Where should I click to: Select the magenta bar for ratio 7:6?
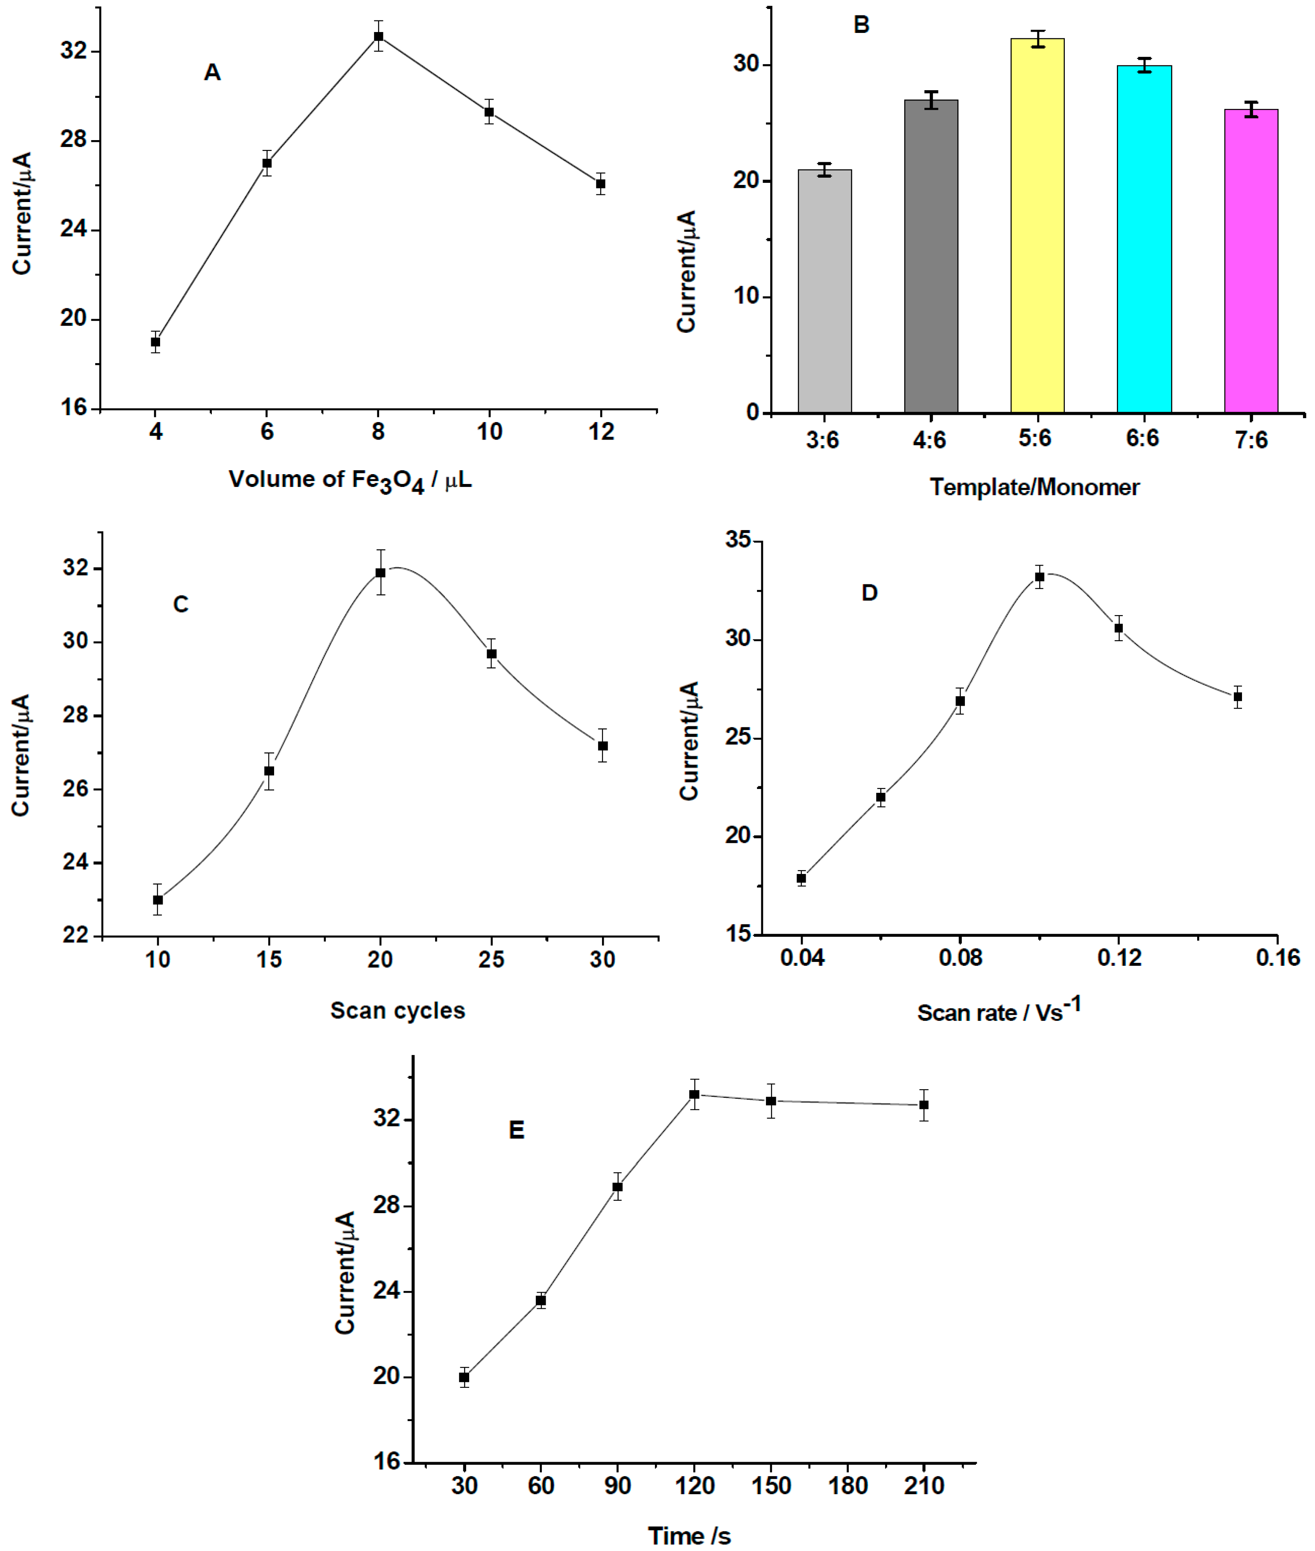click(x=1251, y=261)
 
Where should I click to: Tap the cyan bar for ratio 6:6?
click(x=1143, y=239)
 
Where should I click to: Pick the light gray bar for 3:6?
click(x=824, y=291)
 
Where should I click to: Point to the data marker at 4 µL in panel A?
click(x=156, y=342)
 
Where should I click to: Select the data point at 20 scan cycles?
click(x=380, y=573)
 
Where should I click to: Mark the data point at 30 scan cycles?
click(x=602, y=746)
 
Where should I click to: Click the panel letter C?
click(x=181, y=604)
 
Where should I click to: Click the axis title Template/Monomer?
click(x=1034, y=488)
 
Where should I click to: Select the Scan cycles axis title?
click(x=397, y=1010)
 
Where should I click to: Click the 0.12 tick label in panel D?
click(x=1119, y=957)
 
